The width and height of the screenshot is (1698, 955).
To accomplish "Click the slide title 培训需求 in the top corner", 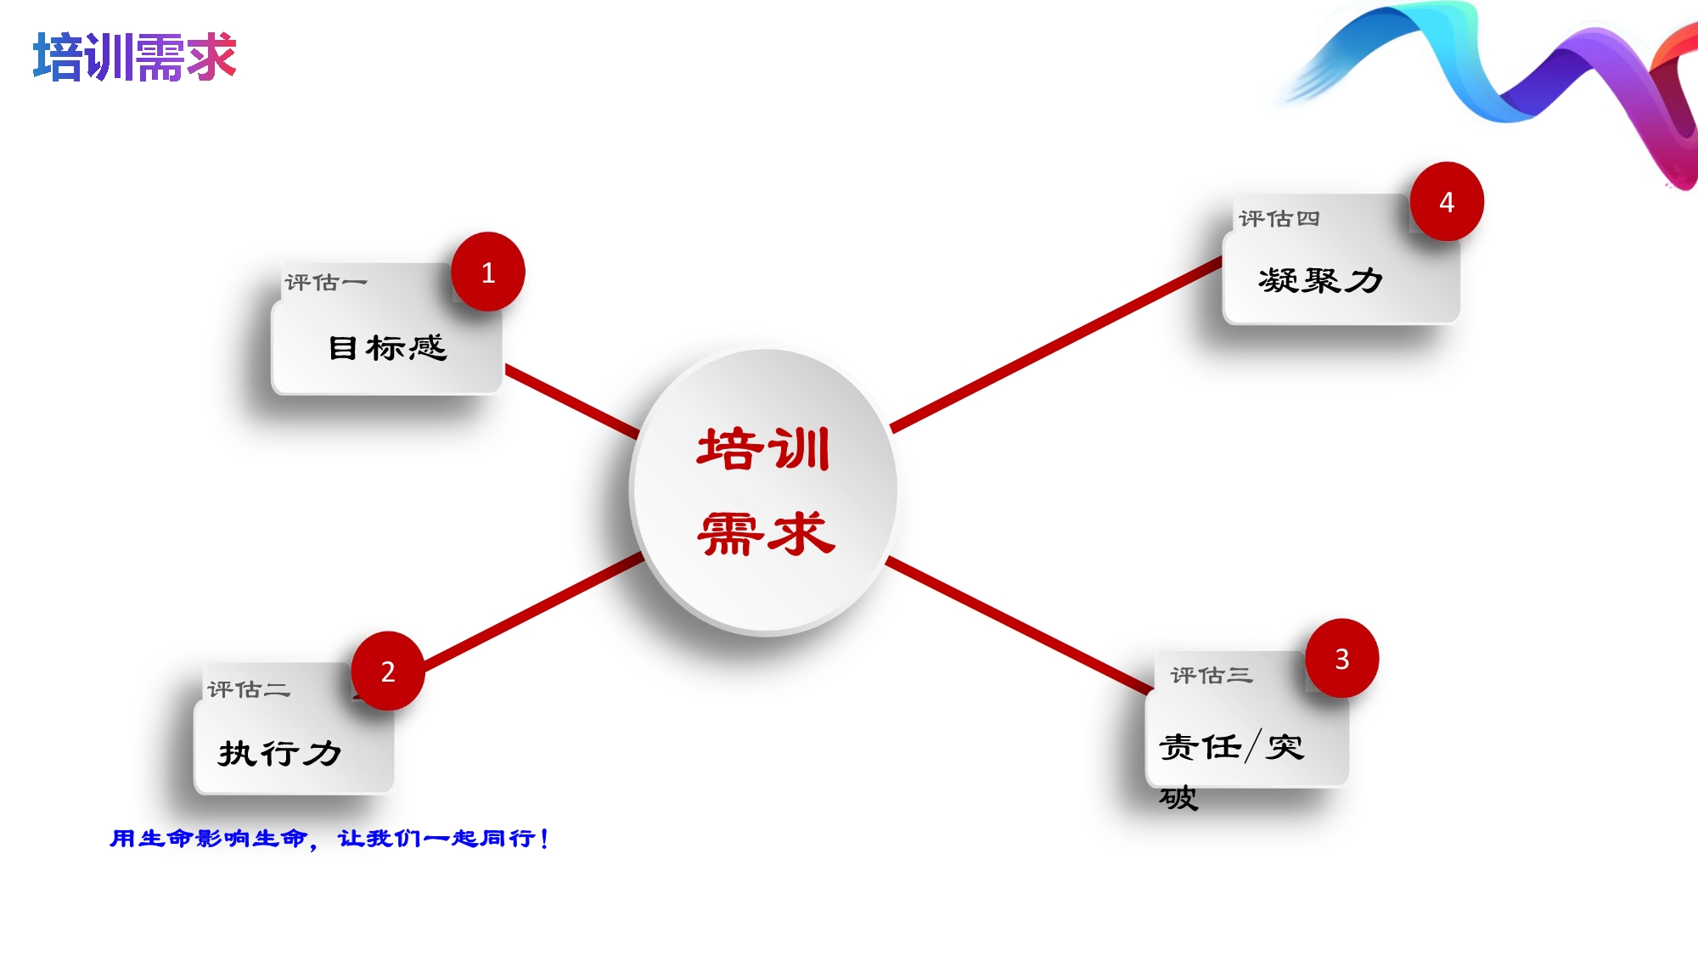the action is point(134,57).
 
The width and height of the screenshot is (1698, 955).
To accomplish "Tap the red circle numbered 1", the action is point(488,272).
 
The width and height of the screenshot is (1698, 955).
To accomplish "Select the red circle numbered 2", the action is point(388,671).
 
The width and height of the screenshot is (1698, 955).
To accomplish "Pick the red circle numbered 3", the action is point(1342,659).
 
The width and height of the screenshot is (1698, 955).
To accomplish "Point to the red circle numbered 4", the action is point(1447,201).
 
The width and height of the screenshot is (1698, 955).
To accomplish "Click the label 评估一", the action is point(326,282).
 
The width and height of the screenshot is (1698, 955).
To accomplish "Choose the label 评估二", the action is point(249,688).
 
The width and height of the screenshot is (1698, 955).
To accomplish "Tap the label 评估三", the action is point(1212,675).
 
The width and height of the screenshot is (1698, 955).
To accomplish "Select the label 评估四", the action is point(1279,218).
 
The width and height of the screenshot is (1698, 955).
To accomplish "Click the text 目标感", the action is point(388,347).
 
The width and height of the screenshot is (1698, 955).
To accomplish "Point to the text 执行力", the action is point(280,753).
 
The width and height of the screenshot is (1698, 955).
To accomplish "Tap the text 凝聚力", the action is point(1321,279).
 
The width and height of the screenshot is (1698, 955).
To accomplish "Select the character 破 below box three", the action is point(1178,798).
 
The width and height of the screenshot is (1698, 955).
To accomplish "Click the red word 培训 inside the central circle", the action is point(763,449).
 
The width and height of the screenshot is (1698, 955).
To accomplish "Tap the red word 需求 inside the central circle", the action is point(766,534).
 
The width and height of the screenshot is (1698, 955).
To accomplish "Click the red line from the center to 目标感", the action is point(572,401).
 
